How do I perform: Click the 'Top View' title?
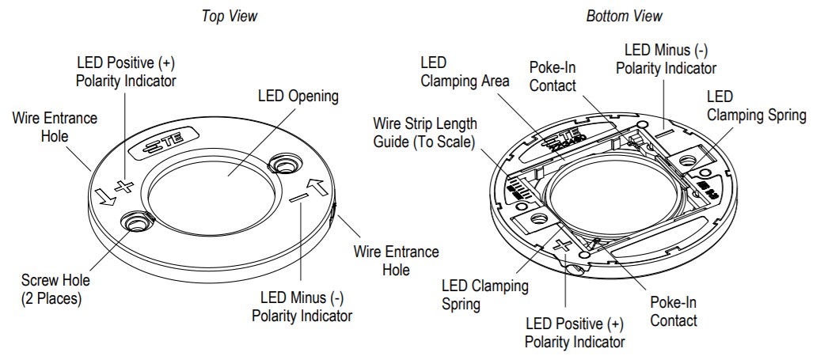pos(230,16)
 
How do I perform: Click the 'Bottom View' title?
pos(624,16)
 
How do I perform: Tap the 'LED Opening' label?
pos(298,97)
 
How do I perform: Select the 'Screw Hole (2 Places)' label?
pos(55,289)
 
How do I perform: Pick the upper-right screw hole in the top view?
pos(283,164)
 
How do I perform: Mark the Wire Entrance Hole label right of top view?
pos(396,260)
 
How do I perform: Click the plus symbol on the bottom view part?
pos(563,246)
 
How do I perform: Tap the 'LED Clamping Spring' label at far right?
pos(756,106)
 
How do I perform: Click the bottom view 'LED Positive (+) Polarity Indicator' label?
pos(575,333)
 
